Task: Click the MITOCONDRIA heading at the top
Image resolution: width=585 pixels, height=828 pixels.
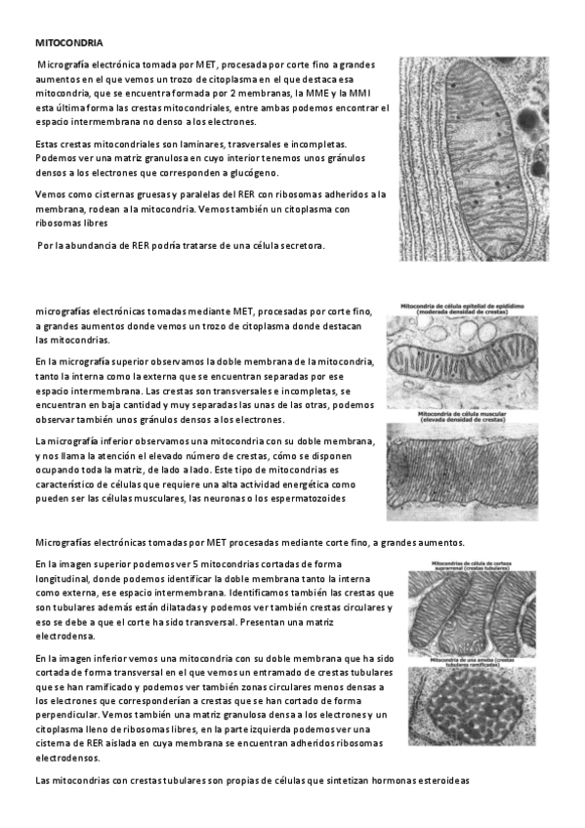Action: click(68, 43)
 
